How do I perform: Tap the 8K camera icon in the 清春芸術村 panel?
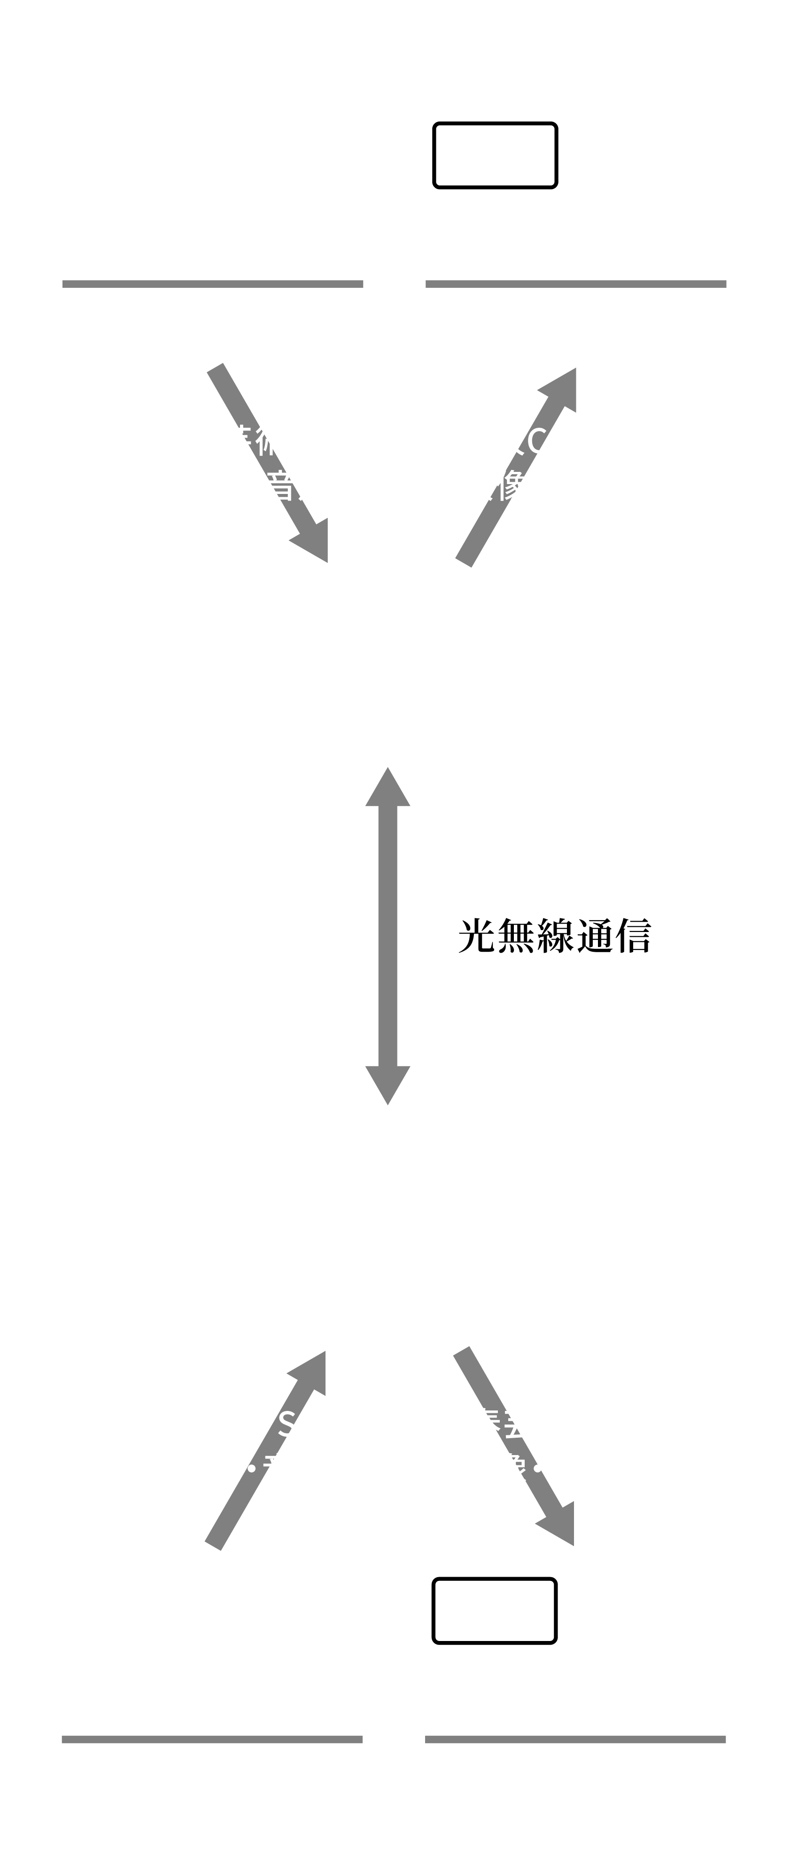(x=158, y=166)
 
